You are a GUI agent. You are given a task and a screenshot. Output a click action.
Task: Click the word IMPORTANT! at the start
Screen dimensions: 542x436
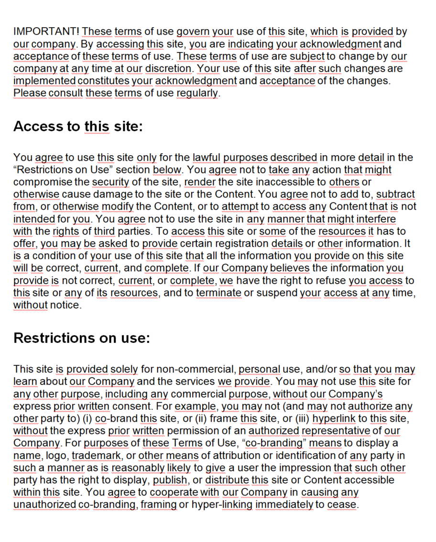46,32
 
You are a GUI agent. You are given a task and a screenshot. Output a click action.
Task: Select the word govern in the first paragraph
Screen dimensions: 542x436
193,32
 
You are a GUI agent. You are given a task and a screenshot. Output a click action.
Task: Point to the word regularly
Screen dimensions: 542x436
197,93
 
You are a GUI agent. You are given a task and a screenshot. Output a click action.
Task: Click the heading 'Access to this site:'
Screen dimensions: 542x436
78,127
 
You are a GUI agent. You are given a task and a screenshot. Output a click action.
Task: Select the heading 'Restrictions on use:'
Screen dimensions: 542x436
82,338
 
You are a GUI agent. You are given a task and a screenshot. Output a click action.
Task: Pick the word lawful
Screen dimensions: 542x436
207,158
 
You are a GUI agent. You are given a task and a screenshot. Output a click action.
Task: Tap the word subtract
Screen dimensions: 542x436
396,194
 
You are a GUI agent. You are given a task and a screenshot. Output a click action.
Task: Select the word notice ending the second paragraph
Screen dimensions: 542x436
66,305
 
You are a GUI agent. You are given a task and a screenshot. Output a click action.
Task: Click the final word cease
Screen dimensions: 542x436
342,504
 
